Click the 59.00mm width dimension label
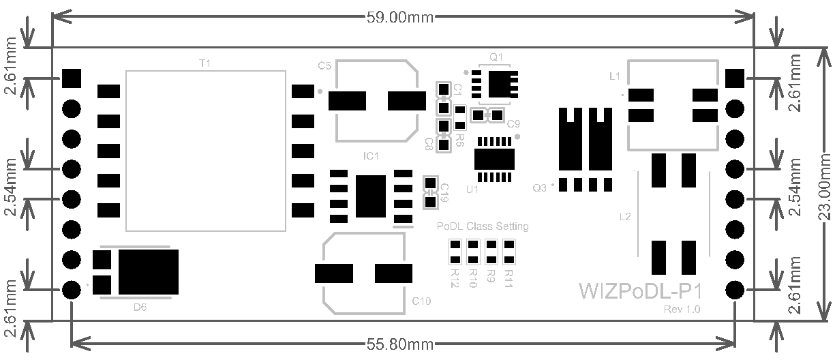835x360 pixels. click(400, 17)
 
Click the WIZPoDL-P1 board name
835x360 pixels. click(640, 292)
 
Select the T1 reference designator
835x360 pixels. click(204, 63)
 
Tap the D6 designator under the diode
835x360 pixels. click(140, 307)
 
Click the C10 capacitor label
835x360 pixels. click(421, 301)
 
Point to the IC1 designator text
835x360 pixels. click(371, 156)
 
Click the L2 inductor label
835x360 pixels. click(625, 217)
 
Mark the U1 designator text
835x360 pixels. click(472, 190)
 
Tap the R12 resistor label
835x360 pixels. click(455, 277)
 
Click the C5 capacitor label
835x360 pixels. click(324, 65)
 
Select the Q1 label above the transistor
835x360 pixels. click(496, 56)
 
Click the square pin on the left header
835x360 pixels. click(72, 78)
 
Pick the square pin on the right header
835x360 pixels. click(735, 78)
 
